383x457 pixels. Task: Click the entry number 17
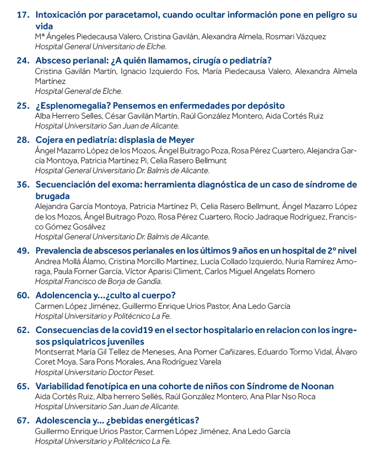(x=23, y=15)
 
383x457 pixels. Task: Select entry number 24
(x=23, y=61)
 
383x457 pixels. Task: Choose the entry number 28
(x=23, y=139)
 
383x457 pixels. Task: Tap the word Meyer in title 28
(x=181, y=139)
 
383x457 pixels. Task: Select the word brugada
(x=52, y=196)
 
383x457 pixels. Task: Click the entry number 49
(x=23, y=250)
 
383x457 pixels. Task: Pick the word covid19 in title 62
(x=134, y=330)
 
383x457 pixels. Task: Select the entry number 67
(x=23, y=420)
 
